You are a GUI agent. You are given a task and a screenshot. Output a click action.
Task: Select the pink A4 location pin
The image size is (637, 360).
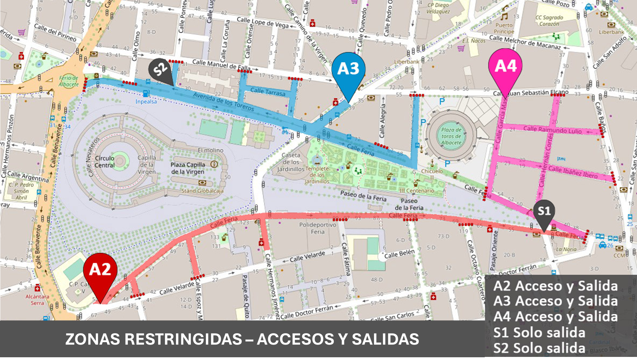[505, 67]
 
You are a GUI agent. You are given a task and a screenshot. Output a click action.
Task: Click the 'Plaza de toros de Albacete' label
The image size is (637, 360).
[451, 136]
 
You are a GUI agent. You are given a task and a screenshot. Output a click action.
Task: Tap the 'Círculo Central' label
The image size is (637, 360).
[105, 162]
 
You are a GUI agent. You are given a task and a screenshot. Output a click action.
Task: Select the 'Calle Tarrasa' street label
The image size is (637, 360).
[267, 92]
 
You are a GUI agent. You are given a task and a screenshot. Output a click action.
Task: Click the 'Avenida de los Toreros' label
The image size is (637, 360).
[223, 102]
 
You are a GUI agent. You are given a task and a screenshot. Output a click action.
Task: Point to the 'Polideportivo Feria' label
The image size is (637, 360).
[317, 228]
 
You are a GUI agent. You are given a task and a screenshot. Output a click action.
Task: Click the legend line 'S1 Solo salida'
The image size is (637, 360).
[539, 333]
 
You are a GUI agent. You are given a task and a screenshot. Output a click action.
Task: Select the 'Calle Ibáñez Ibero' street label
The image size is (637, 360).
[572, 172]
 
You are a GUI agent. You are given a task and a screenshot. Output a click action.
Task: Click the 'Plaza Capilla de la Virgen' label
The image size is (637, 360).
[187, 168]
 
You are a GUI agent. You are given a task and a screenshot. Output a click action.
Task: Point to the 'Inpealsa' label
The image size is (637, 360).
[146, 102]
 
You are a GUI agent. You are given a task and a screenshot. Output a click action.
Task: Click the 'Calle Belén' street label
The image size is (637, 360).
[399, 255]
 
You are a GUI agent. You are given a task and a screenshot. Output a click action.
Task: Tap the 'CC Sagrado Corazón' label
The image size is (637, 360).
[549, 21]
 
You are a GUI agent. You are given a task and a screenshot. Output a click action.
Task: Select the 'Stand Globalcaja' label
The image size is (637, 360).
[202, 191]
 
